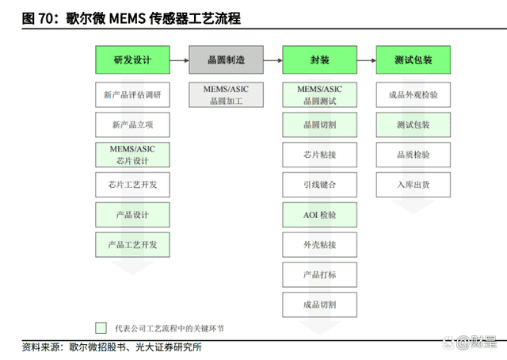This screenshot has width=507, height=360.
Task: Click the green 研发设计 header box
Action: click(132, 60)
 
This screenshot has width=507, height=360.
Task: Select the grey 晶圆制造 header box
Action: click(226, 60)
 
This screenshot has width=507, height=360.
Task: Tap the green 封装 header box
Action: click(320, 60)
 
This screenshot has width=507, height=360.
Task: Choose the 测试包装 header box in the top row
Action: click(414, 60)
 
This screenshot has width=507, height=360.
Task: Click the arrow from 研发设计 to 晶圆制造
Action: click(180, 60)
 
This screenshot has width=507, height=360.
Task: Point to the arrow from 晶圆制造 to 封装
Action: click(273, 60)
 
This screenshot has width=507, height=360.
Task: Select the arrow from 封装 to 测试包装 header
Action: click(367, 60)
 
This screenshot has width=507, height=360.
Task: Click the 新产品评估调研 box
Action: click(132, 95)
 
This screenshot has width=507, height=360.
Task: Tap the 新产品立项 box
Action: click(132, 124)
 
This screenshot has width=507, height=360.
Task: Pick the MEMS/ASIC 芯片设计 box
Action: click(132, 155)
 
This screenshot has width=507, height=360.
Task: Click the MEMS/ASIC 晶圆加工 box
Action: click(226, 95)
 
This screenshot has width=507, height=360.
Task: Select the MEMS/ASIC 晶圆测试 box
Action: click(320, 95)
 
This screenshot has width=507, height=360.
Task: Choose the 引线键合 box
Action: click(320, 185)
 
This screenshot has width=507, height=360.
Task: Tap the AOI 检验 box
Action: click(320, 215)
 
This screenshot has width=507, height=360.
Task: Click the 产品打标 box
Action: click(320, 274)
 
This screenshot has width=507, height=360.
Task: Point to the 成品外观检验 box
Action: click(414, 95)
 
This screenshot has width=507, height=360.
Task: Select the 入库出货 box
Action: click(414, 185)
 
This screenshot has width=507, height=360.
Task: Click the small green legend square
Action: click(101, 327)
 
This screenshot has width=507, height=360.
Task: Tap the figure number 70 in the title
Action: click(45, 18)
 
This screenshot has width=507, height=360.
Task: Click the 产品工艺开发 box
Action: click(132, 245)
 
